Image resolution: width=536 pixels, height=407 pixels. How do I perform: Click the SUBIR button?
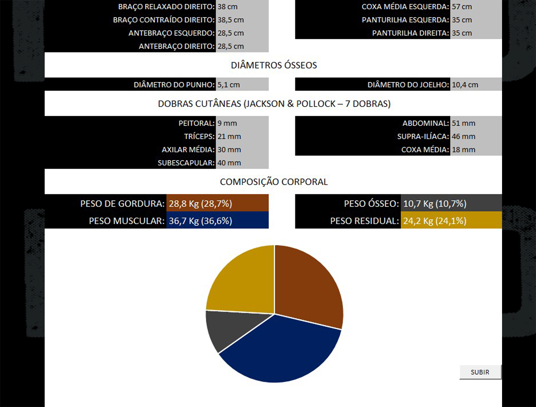click(480, 372)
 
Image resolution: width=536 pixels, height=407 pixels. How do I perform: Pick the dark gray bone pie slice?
click(229, 327)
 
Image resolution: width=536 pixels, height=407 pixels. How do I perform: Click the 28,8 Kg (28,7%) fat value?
click(200, 204)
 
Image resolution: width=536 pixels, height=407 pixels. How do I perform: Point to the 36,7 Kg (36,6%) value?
click(200, 221)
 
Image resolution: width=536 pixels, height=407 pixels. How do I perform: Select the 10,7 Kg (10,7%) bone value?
click(435, 204)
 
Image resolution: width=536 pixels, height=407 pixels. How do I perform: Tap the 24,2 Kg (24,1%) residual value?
click(435, 221)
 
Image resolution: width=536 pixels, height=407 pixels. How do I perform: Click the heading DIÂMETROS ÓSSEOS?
click(274, 65)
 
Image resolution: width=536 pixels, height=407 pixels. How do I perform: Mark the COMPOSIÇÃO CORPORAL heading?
click(274, 182)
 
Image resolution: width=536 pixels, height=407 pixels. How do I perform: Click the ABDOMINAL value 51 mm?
click(463, 123)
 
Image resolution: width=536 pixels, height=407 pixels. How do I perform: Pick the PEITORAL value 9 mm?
click(227, 123)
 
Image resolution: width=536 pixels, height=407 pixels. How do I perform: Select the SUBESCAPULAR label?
click(186, 163)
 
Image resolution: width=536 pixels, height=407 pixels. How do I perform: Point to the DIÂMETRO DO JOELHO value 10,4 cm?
click(465, 85)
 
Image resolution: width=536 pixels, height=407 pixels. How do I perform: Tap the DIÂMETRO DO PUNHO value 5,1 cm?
click(229, 85)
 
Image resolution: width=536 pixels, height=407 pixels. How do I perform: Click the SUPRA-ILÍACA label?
click(423, 137)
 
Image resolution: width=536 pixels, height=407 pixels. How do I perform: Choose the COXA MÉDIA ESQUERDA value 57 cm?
click(462, 7)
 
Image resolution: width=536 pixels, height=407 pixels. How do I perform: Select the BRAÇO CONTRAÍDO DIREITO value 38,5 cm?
click(230, 20)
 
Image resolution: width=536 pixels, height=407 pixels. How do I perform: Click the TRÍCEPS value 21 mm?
click(229, 137)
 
